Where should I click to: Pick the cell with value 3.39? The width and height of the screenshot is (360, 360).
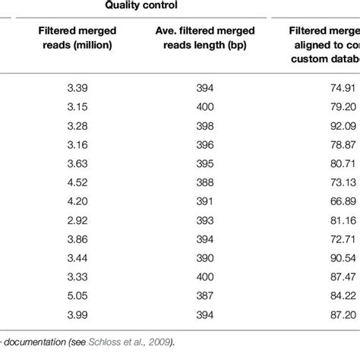coord(77,87)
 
